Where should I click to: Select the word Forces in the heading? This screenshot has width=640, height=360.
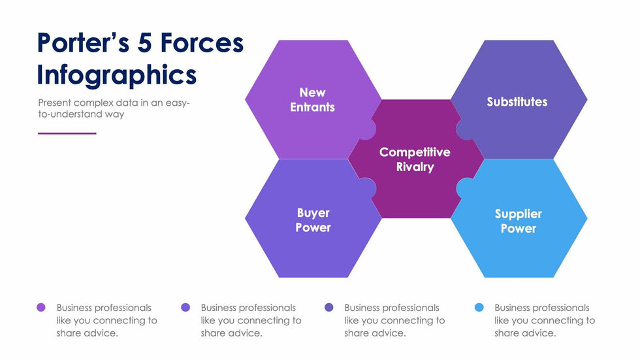coord(203,43)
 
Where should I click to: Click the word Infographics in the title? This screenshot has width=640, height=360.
coord(116,74)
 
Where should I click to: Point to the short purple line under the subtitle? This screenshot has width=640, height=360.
coord(67,133)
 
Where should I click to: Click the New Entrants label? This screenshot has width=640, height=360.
coord(312,100)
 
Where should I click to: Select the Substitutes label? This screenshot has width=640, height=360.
coord(517,102)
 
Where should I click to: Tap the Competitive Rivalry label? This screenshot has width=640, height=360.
coord(415,159)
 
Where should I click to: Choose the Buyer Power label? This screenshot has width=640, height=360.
coord(313,220)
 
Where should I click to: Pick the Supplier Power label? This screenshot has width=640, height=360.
coord(518,221)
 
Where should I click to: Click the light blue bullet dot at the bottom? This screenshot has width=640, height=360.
coord(479,307)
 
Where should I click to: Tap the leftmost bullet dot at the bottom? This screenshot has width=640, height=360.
coord(41,307)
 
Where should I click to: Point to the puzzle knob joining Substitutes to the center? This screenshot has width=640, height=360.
coord(464,129)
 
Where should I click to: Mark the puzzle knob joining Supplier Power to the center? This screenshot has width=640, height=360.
coord(464,189)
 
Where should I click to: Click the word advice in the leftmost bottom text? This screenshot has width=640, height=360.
coord(103,333)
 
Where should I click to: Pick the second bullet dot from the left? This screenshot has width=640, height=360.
coord(185,307)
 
